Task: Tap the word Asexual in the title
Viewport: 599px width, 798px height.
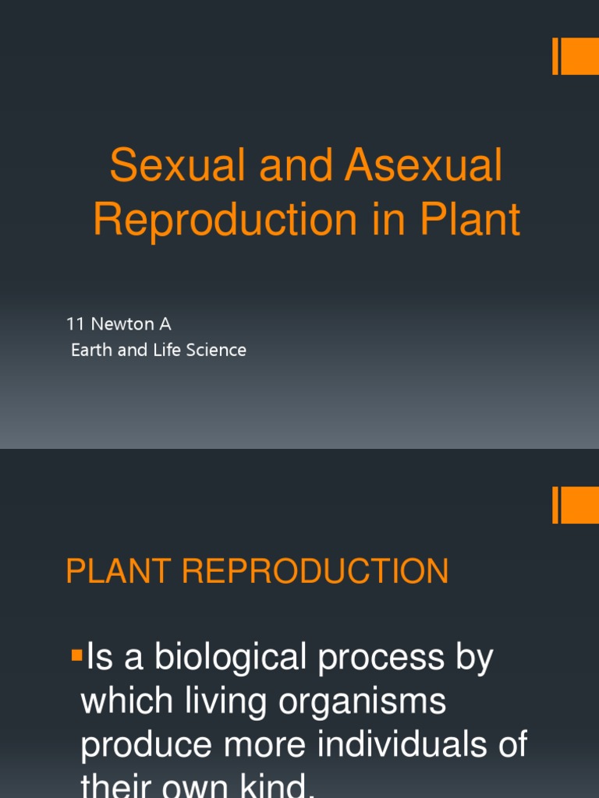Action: pos(424,165)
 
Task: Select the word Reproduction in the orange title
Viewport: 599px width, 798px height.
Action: pos(225,220)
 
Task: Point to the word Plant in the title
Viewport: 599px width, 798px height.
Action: pos(470,219)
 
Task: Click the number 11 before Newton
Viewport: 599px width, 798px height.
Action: pos(75,323)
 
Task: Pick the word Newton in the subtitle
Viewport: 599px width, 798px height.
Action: pos(122,323)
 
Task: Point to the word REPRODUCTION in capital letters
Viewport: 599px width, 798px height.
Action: pos(315,571)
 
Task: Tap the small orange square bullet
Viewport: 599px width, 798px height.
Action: pos(77,655)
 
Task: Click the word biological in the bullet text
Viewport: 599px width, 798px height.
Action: pos(230,658)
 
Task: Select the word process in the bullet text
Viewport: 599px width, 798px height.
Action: pos(381,660)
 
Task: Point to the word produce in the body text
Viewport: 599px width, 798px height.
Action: pos(146,746)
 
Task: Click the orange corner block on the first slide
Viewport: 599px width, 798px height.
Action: pos(576,56)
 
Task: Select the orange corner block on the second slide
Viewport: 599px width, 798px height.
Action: pos(576,505)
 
